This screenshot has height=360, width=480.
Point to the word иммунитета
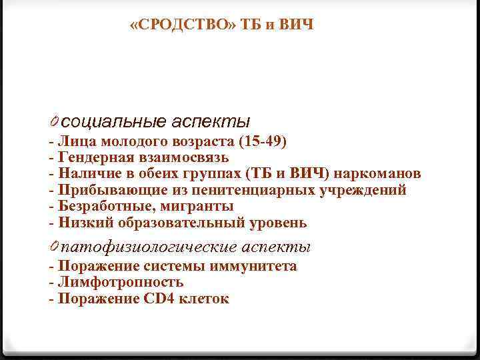pyautogui.click(x=254, y=267)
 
